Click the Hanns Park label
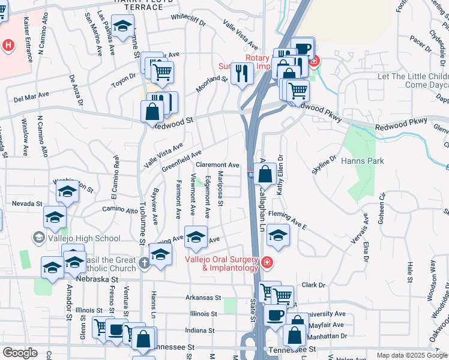coord(362,161)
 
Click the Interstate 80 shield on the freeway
coord(250,174)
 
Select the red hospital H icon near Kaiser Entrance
coord(8,45)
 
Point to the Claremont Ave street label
coord(218,164)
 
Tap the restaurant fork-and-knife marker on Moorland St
coord(242,73)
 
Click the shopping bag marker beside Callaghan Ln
coord(265,174)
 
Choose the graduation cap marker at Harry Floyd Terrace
coord(123,27)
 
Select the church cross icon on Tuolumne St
coord(144,262)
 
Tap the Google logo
coord(20,353)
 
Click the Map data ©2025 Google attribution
coord(412,355)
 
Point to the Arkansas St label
coord(203,298)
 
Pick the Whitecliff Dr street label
coord(188,17)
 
